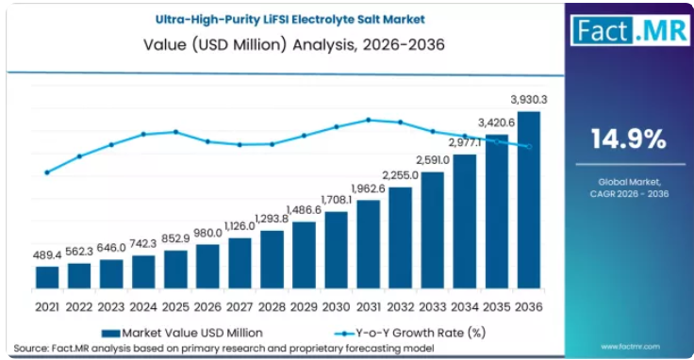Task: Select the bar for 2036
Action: point(529,200)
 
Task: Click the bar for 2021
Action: point(47,278)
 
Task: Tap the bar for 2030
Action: point(336,251)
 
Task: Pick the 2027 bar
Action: point(240,264)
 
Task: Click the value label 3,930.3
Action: point(529,100)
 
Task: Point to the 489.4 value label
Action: point(47,255)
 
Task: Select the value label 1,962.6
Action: point(369,188)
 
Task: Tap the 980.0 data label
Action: point(207,233)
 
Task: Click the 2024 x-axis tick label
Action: point(143,307)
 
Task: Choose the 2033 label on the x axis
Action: point(433,307)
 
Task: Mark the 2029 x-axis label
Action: point(304,307)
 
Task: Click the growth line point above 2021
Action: point(47,172)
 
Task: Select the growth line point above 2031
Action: point(369,120)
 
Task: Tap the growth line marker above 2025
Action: point(175,132)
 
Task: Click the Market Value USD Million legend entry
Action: point(182,333)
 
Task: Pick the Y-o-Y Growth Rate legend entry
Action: point(410,333)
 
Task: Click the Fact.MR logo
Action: point(630,30)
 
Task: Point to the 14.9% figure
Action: point(629,139)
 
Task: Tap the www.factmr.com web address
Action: point(630,347)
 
